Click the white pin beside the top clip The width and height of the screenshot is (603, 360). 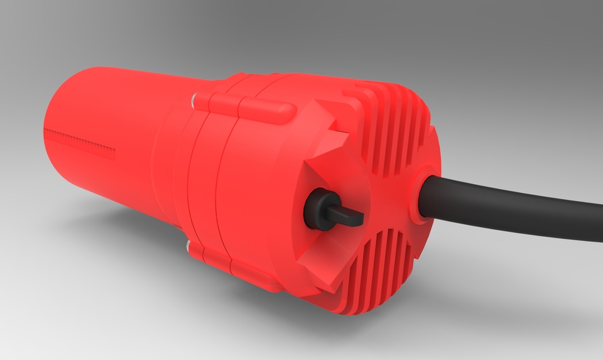pos(196,99)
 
